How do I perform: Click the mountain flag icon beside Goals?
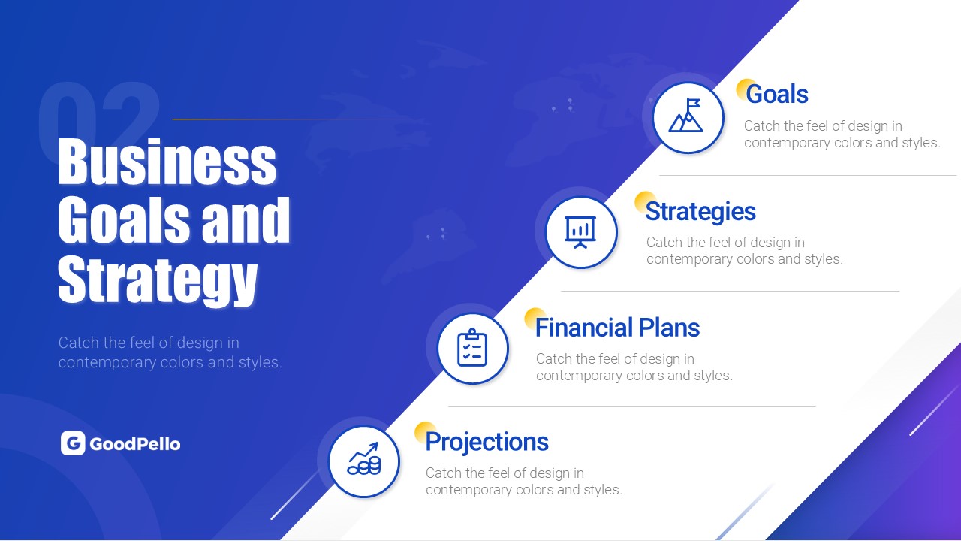click(685, 115)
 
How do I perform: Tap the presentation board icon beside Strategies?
click(580, 232)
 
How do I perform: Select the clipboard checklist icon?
click(472, 347)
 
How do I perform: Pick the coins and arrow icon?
click(364, 458)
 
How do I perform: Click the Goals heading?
click(777, 94)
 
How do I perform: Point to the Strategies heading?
click(700, 212)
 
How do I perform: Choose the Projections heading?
click(487, 443)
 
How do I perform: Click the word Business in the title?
click(167, 162)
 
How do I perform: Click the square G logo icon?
click(73, 443)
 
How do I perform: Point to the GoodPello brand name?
click(135, 444)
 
